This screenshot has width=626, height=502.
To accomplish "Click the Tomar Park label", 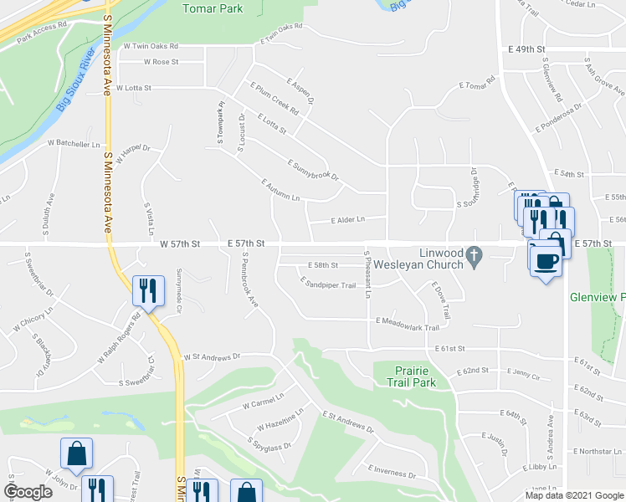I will [x=213, y=8].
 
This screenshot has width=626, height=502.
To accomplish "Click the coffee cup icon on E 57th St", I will [x=546, y=260].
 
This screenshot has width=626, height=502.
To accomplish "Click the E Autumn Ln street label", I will [x=280, y=189].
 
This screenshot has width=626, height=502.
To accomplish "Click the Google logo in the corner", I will [x=28, y=491].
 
